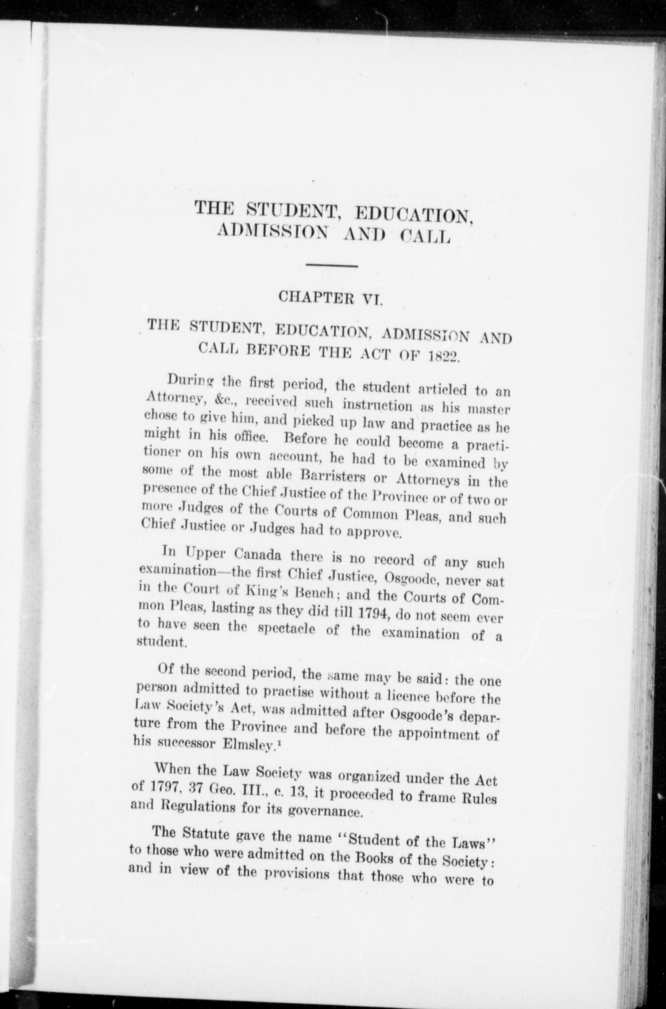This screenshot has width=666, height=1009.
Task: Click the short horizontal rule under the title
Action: click(332, 267)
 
